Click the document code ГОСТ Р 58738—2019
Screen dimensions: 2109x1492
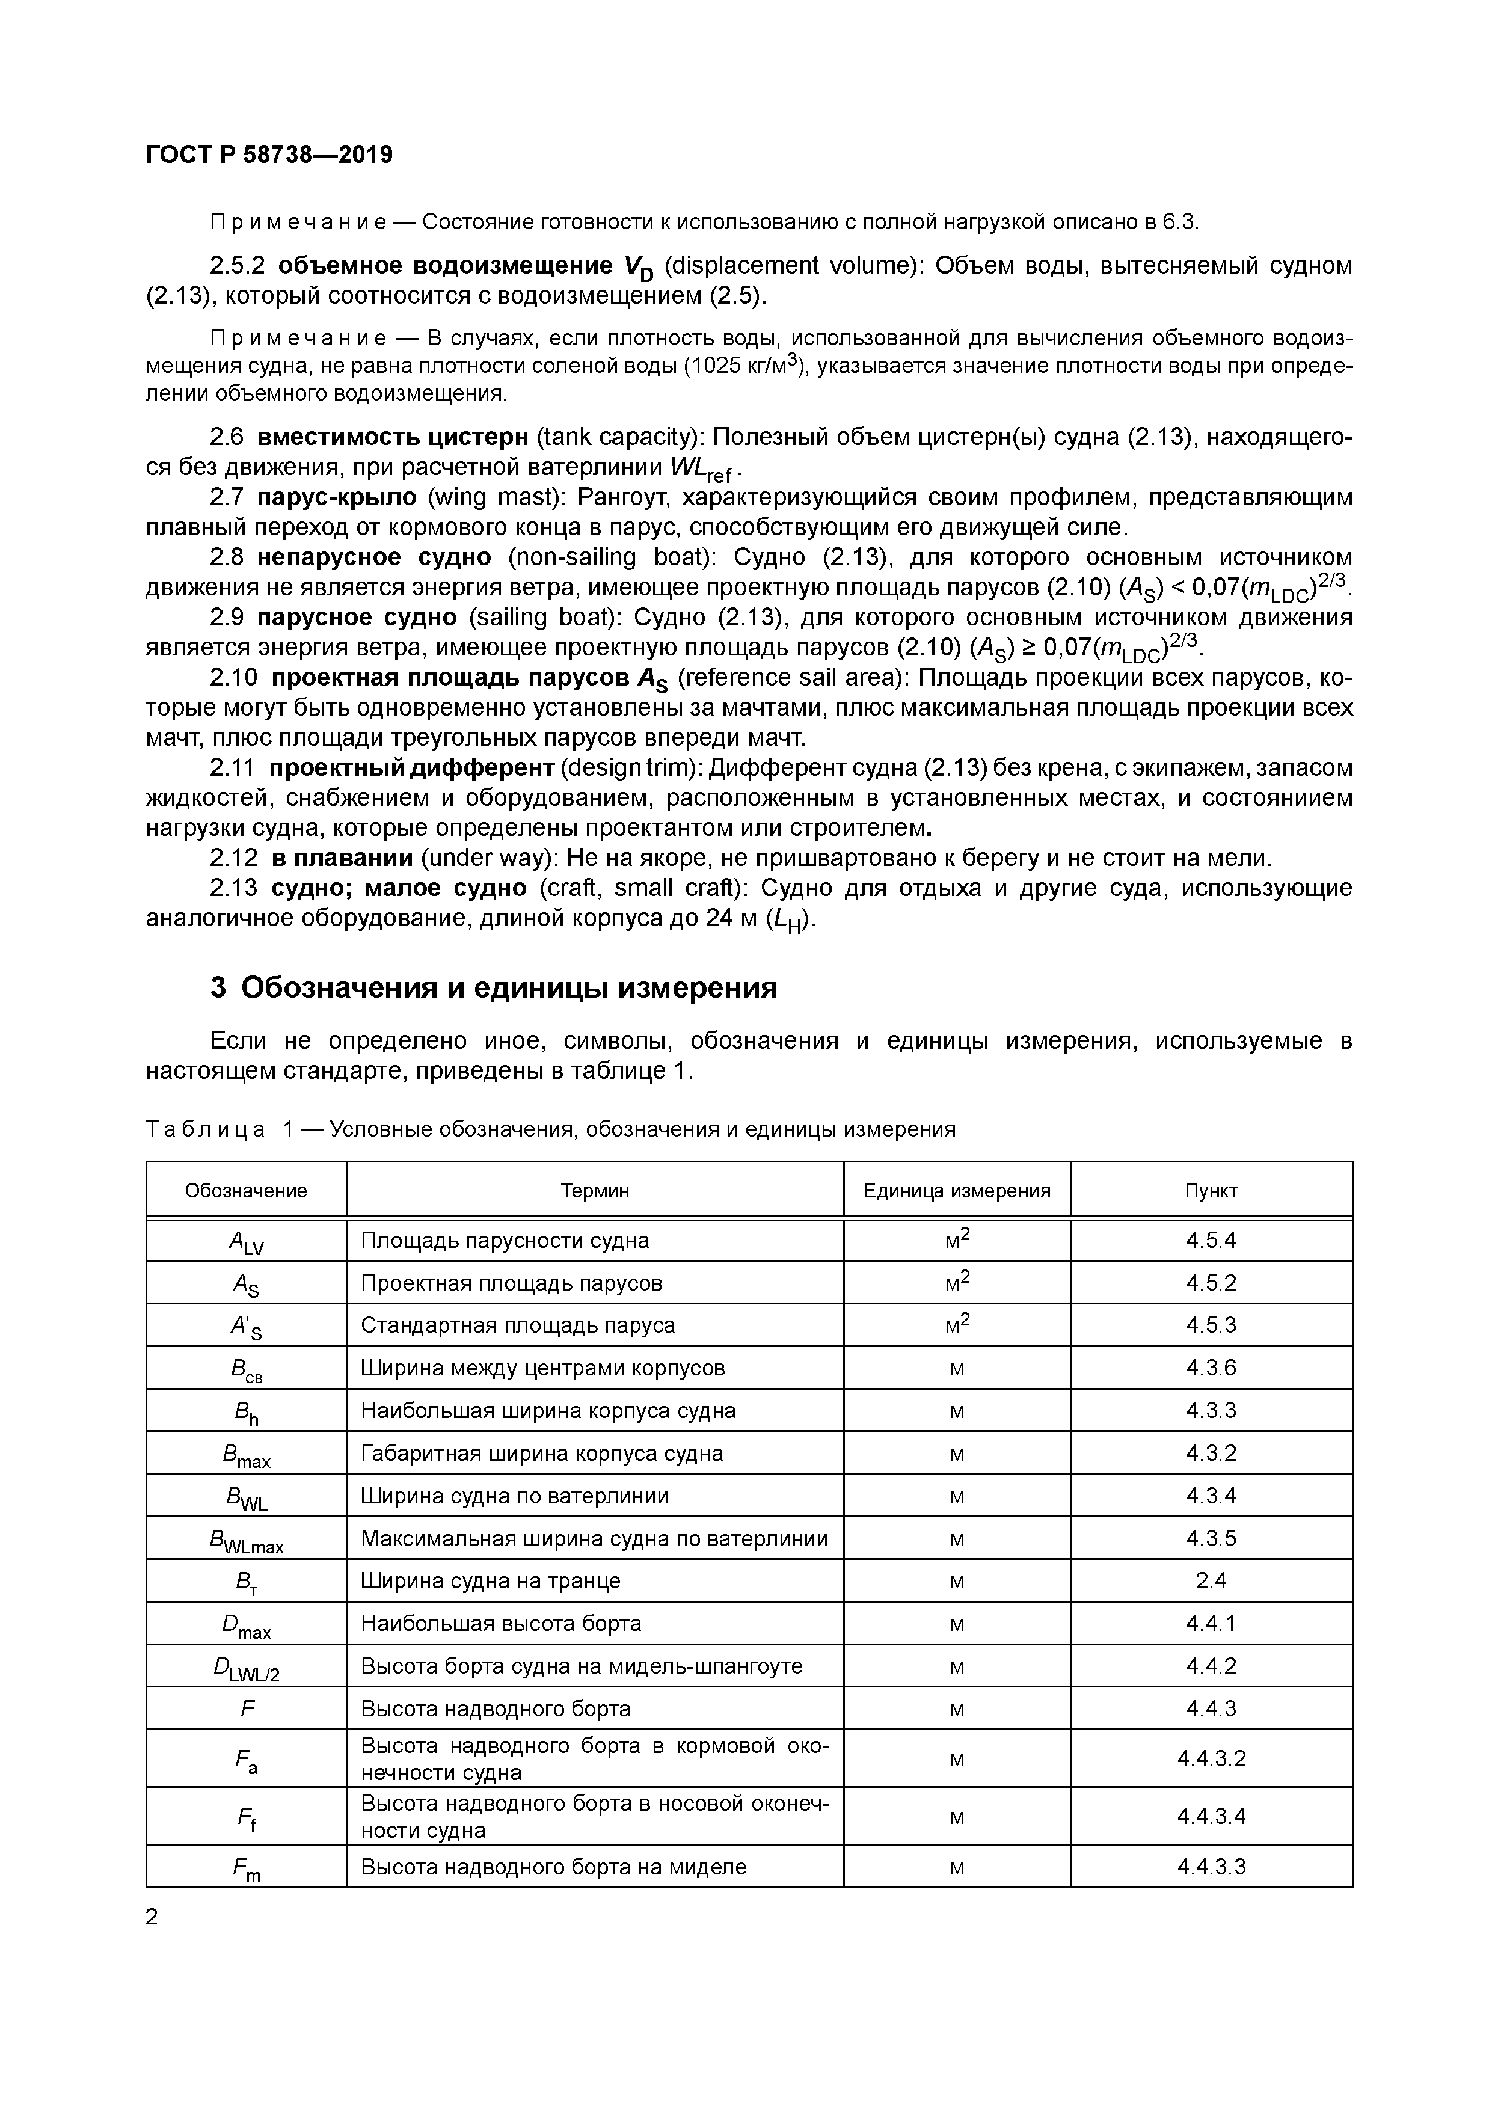click(x=269, y=155)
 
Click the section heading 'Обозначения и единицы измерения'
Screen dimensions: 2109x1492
click(x=509, y=987)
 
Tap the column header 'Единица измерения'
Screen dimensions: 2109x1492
click(x=956, y=1191)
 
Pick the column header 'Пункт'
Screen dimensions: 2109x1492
click(x=1211, y=1191)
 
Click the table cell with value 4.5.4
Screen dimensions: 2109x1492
click(x=1211, y=1240)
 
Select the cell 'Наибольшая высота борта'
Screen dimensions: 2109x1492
click(x=501, y=1623)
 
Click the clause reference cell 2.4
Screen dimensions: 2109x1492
click(x=1211, y=1581)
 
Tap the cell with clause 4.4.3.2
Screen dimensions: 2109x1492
click(x=1211, y=1759)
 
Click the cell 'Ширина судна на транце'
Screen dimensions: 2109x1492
click(x=491, y=1581)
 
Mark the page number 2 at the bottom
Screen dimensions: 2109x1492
click(x=153, y=1917)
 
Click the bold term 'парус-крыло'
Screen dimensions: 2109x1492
click(x=337, y=498)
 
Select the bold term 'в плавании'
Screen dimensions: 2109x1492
click(x=342, y=858)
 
